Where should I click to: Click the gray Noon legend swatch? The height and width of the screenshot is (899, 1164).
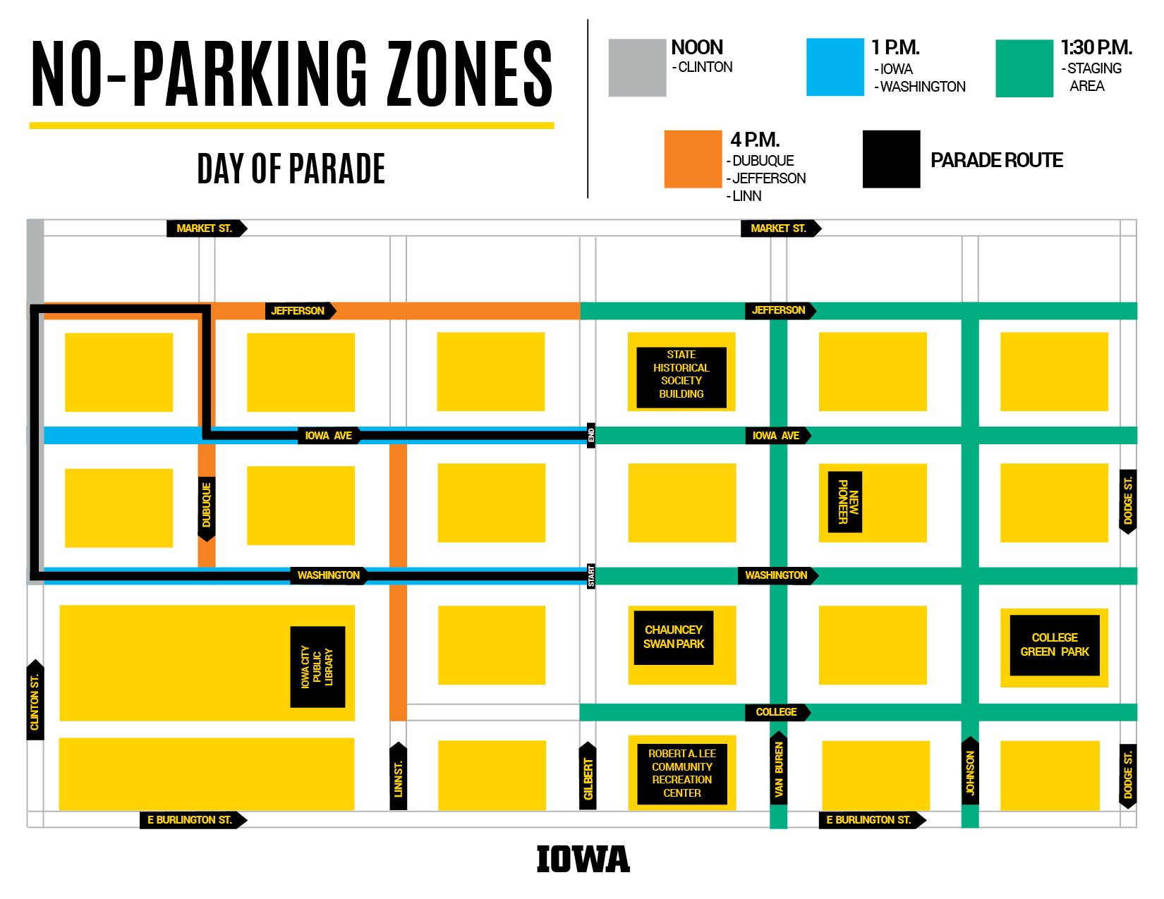637,68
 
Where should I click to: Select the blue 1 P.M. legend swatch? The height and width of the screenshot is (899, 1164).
835,67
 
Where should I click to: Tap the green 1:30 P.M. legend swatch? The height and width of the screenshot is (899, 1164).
1024,68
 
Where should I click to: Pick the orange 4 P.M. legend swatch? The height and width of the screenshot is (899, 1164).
693,159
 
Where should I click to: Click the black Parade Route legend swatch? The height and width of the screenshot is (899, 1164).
891,159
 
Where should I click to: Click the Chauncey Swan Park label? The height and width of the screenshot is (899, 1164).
674,637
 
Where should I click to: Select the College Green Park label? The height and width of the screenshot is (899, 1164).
1055,644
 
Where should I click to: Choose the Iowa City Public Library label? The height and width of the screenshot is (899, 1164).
317,666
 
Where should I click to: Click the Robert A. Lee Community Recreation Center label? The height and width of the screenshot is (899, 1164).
682,773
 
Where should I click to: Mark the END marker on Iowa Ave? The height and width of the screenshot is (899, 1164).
591,435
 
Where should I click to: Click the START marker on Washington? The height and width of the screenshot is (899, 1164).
591,575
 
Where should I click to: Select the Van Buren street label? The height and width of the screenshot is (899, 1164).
779,769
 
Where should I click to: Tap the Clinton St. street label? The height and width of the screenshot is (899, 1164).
35,701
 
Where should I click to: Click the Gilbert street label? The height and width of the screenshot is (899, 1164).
588,777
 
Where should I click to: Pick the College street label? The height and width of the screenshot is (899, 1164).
777,712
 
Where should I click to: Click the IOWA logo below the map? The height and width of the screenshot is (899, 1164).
583,859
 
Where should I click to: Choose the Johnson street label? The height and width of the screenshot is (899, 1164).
971,772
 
